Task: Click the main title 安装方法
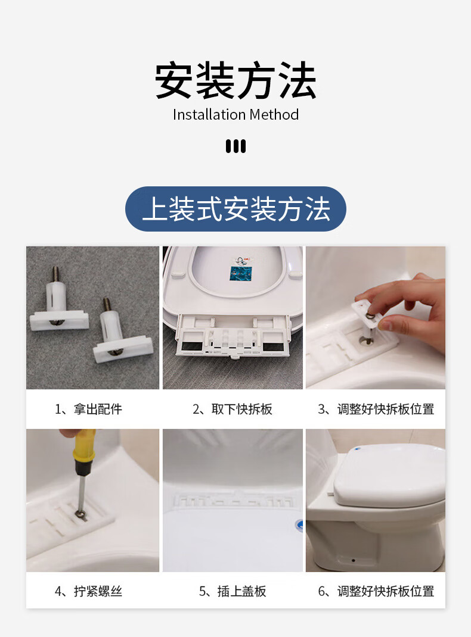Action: (x=235, y=80)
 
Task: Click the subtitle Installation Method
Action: (x=236, y=114)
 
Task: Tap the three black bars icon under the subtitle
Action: (x=236, y=146)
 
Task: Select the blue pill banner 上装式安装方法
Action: (x=235, y=209)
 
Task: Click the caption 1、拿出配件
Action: (x=88, y=408)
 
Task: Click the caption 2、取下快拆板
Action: (x=233, y=408)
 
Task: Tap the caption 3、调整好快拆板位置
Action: (x=376, y=408)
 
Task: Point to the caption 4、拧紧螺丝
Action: (x=88, y=591)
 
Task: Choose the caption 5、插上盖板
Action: (x=233, y=591)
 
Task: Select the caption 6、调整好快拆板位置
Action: (x=376, y=591)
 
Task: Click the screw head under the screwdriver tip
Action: (x=80, y=515)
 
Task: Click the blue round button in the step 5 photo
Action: (x=299, y=526)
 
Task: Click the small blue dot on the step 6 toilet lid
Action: (x=358, y=449)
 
